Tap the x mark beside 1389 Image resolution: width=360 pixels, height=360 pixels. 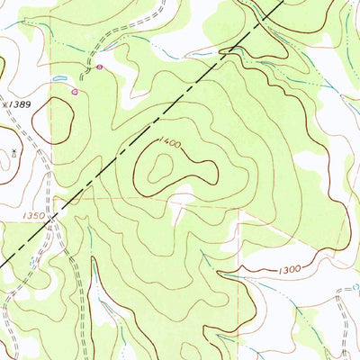pyautogui.click(x=6, y=104)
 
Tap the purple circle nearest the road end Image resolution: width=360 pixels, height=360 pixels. pyautogui.click(x=99, y=67)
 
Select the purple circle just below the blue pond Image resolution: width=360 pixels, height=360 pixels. pyautogui.click(x=76, y=90)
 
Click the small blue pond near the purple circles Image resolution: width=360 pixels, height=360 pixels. pyautogui.click(x=60, y=79)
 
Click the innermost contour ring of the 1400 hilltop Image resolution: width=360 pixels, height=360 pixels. pyautogui.click(x=166, y=166)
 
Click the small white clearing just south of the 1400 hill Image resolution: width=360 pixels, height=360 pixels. pyautogui.click(x=180, y=211)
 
